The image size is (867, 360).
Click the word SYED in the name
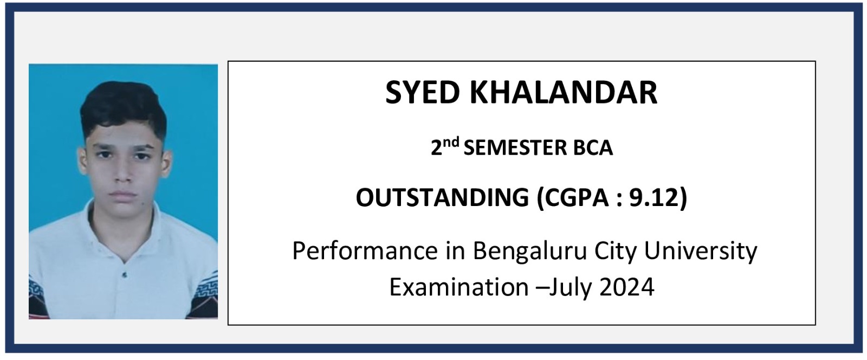pyautogui.click(x=422, y=93)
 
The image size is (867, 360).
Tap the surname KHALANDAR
pyautogui.click(x=564, y=93)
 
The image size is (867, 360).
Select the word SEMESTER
pyautogui.click(x=515, y=148)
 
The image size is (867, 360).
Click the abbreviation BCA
pyautogui.click(x=593, y=148)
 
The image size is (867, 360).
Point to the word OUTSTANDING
pyautogui.click(x=442, y=197)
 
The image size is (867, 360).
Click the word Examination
pyautogui.click(x=459, y=287)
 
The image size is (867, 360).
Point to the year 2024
pyautogui.click(x=626, y=287)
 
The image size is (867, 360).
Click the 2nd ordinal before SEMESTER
pyautogui.click(x=445, y=146)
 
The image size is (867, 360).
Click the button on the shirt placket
pyautogui.click(x=124, y=275)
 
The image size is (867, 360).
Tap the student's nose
pyautogui.click(x=123, y=172)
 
